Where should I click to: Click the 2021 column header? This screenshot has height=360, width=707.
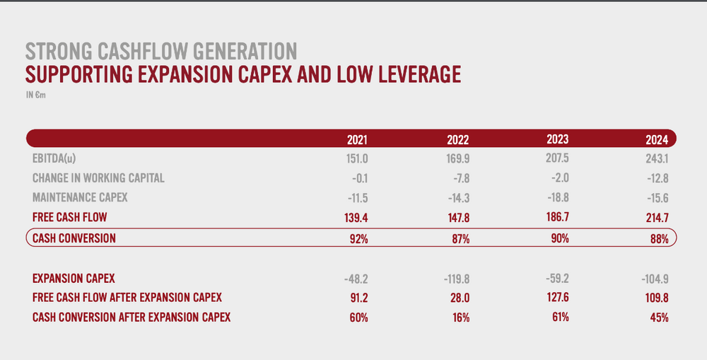pos(357,140)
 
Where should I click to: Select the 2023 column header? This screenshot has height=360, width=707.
pos(558,139)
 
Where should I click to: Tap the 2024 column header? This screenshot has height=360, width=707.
pos(657,140)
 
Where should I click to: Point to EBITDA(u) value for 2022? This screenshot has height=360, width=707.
pos(458,159)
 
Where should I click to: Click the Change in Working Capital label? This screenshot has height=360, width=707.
pos(98,178)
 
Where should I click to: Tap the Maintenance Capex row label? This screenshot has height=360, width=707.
pos(80,197)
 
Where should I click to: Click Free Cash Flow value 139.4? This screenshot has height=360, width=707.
pos(356,218)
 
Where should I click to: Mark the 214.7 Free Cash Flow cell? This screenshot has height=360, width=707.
pos(657,218)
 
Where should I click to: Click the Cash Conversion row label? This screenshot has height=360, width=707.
pos(74,238)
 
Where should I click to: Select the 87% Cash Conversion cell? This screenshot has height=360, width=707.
pos(461,238)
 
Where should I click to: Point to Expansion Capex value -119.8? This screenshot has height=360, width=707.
pos(457,279)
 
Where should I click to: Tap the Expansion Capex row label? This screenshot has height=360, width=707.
pos(74,279)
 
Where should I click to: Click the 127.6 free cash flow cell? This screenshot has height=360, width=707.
pos(557,298)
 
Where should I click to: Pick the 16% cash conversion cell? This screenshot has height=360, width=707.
pos(461,318)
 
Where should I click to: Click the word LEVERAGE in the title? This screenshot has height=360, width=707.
pos(419,74)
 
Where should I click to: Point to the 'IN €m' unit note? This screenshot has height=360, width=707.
pos(35,95)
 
